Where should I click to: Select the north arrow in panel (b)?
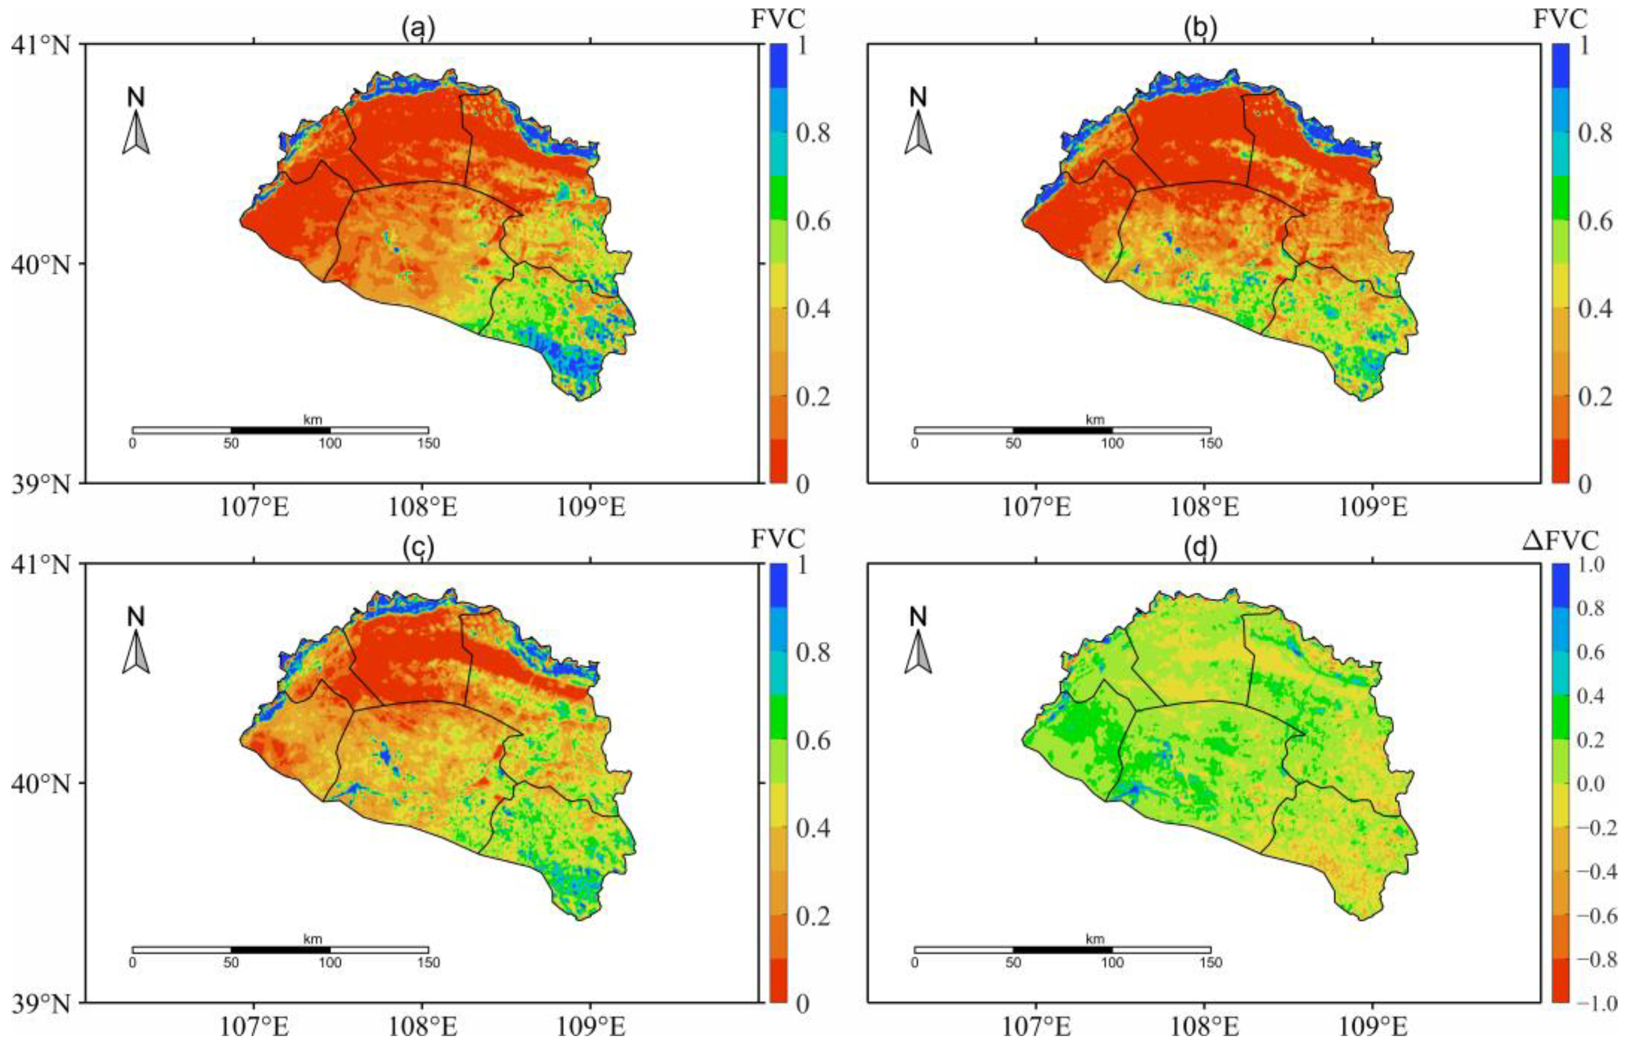pyautogui.click(x=918, y=133)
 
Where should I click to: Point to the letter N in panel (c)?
pyautogui.click(x=136, y=617)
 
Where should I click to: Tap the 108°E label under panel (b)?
pyautogui.click(x=1205, y=507)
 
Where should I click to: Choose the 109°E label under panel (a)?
pyautogui.click(x=591, y=507)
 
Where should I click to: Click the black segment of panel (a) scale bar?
pyautogui.click(x=281, y=430)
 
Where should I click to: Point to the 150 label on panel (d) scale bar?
pyautogui.click(x=1211, y=963)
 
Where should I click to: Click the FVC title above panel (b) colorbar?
pyautogui.click(x=1559, y=20)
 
